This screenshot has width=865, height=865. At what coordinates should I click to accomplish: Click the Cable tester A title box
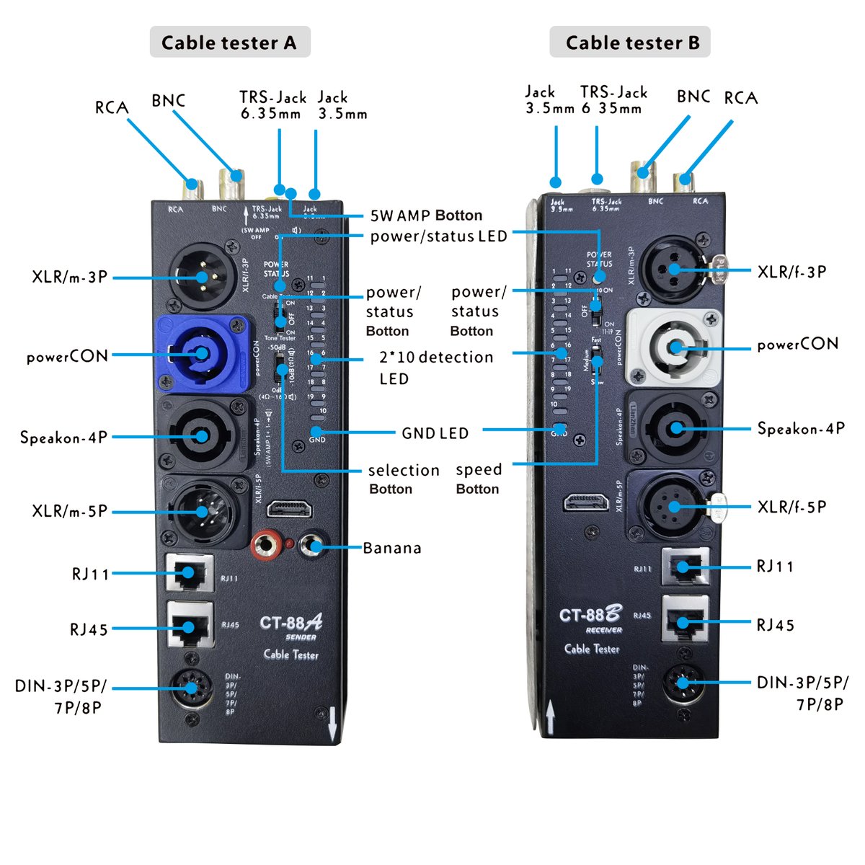(x=229, y=43)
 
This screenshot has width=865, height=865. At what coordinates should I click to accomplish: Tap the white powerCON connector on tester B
(x=673, y=347)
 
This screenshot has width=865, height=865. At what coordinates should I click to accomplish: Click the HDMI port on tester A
(x=290, y=510)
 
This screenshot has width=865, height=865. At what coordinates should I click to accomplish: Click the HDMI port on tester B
(x=585, y=502)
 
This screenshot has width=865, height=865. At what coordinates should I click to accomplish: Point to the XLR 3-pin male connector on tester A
(x=203, y=275)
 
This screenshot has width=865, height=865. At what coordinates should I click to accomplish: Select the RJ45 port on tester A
(x=190, y=625)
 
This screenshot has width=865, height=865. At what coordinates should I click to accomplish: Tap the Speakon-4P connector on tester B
(x=674, y=428)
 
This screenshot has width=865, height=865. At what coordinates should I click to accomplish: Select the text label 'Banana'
(x=391, y=548)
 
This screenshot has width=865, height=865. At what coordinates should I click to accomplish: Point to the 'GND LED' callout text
(x=435, y=433)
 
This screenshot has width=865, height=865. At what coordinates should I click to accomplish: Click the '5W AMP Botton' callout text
(x=426, y=216)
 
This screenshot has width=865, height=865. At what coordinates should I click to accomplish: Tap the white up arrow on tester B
(x=550, y=718)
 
